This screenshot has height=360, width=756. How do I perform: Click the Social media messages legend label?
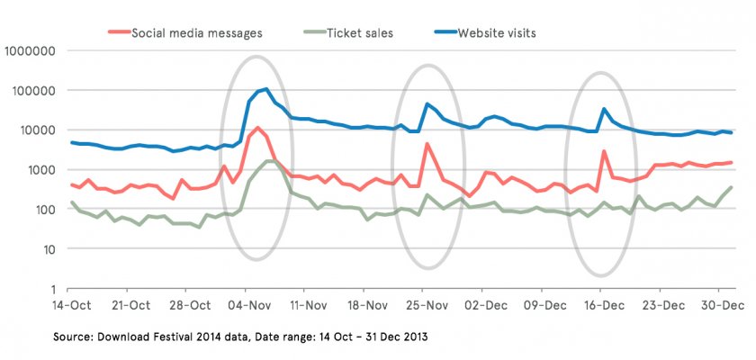[196, 34]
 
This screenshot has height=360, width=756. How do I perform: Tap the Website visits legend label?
[508, 34]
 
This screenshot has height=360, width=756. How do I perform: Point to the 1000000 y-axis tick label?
[32, 51]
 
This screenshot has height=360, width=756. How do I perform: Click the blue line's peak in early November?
[266, 89]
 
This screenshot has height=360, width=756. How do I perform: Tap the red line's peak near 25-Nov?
[427, 144]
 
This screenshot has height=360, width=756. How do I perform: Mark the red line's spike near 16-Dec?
[604, 151]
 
